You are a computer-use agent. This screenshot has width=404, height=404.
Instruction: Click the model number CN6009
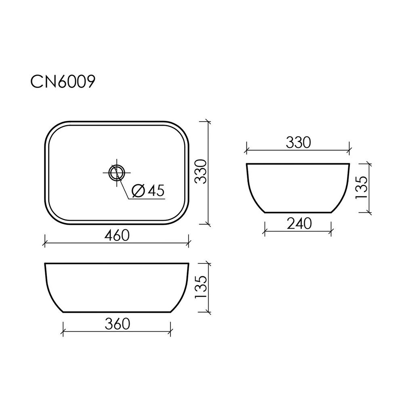pos(63,82)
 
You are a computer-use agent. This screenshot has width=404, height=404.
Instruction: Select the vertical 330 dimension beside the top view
pos(201,171)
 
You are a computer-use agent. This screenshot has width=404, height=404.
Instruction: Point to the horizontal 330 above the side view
pos(299,143)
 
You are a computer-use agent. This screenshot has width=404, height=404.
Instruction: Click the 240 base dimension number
pos(299,224)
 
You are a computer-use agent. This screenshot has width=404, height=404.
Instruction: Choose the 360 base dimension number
pos(117,324)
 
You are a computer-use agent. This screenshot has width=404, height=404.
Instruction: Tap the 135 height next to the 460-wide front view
pos(201,287)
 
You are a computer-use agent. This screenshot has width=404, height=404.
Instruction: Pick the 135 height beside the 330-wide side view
pos(361,187)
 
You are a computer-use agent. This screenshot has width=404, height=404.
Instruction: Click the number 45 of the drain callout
pos(156,191)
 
